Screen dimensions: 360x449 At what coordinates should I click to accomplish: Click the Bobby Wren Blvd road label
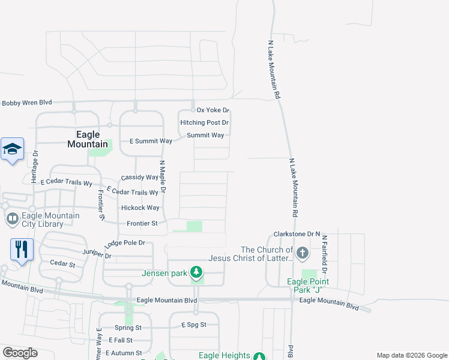[x=27, y=103]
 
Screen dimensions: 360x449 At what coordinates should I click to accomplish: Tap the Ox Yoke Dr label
[x=213, y=110]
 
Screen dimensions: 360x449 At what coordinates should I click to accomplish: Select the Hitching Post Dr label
[x=205, y=122]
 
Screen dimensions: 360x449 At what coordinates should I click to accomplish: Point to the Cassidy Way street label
[x=139, y=178]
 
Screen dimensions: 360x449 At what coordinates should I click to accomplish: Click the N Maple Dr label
[x=162, y=176]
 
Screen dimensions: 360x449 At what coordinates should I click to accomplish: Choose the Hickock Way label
[x=140, y=208]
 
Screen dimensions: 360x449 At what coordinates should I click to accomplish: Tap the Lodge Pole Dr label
[x=125, y=242]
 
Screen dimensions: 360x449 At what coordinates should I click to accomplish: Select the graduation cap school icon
[x=12, y=150]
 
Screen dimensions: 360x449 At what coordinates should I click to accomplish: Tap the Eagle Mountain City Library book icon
[x=12, y=220]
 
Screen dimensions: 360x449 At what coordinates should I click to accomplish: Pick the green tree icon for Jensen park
[x=196, y=273]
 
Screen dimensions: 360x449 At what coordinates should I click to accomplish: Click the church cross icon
[x=302, y=253]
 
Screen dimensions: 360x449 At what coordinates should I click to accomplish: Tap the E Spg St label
[x=194, y=325]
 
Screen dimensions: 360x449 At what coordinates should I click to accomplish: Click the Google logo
[x=19, y=353]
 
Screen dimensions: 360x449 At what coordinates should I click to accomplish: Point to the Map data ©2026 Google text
[x=411, y=355]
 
